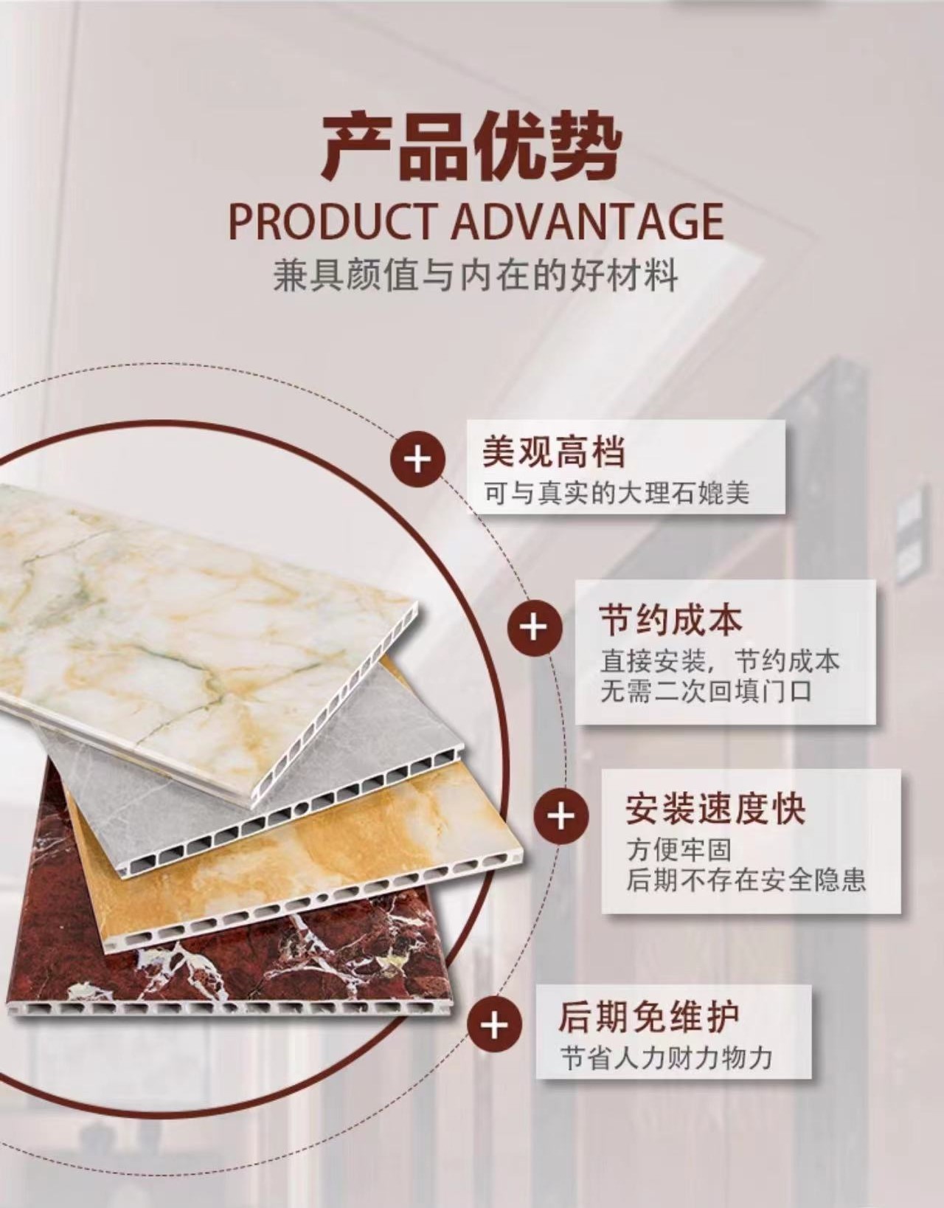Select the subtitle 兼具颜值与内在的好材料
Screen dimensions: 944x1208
(x=475, y=276)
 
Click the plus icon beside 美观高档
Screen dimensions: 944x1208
(x=417, y=460)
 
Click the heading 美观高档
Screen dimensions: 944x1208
(x=553, y=452)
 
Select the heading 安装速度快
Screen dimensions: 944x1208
(x=715, y=808)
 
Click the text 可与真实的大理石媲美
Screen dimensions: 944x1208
(x=617, y=492)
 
